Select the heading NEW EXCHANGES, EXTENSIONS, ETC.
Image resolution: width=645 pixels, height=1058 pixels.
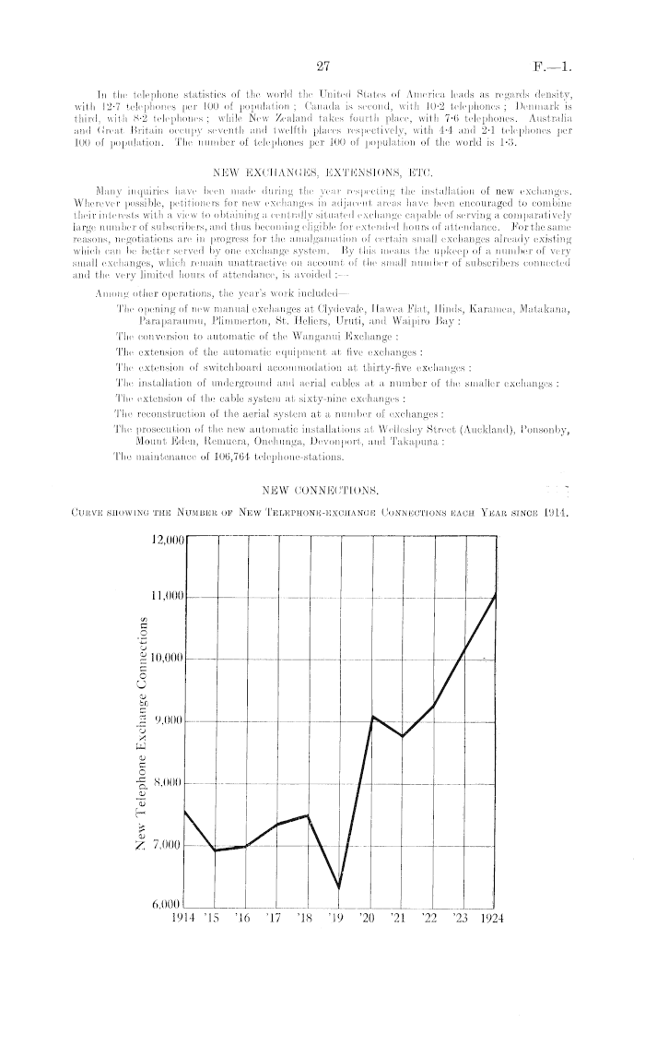(322, 172)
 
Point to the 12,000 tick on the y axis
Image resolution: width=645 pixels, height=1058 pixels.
(163, 534)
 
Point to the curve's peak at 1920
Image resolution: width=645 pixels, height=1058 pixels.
(372, 716)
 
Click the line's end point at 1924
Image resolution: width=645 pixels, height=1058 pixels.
(498, 593)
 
